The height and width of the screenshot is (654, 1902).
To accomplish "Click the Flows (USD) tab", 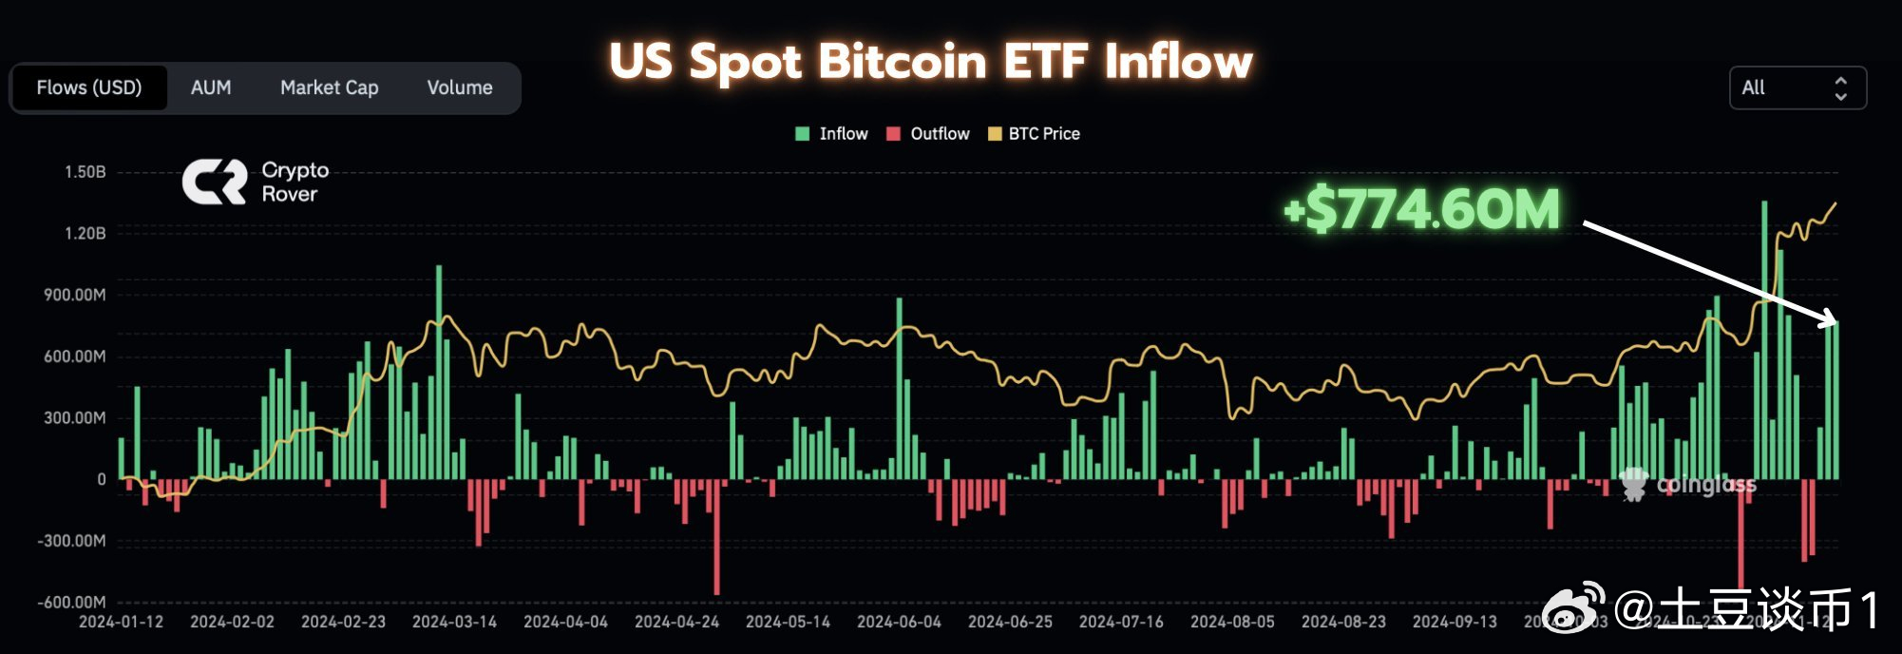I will point(89,87).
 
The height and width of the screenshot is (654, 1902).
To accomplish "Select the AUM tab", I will point(211,87).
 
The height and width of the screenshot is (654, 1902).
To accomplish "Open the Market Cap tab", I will point(329,87).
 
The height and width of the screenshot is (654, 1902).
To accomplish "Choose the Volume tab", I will point(460,87).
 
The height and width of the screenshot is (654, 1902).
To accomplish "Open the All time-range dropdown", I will point(1797,88).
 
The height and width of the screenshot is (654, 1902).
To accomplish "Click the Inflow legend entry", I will point(831,134).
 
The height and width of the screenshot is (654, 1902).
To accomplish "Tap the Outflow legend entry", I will point(928,134).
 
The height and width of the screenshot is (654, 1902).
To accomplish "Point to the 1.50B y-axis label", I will point(86,172).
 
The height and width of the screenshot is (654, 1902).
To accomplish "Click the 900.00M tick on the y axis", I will point(75,295).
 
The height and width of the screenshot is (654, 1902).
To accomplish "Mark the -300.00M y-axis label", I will point(72,541).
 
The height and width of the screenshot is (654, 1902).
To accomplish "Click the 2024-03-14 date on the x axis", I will point(454,622).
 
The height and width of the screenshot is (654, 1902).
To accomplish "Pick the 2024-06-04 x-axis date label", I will point(899,622).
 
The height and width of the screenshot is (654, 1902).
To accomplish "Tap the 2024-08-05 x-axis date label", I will point(1232,622).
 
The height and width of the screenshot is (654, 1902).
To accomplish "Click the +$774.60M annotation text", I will point(1421,209).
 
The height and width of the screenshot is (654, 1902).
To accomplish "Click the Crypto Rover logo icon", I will point(215,182).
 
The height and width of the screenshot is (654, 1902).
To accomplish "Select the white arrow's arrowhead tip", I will point(1834,321).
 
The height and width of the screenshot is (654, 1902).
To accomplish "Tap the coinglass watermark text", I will point(1705,485).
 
